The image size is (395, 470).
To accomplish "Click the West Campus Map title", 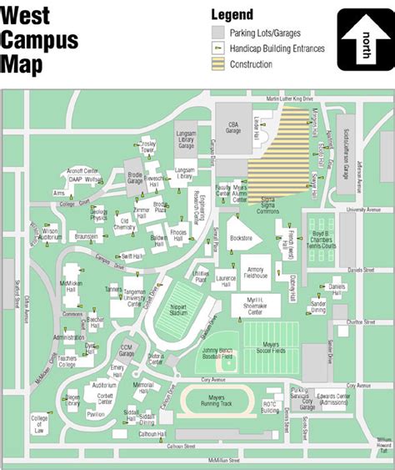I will pos(39,39).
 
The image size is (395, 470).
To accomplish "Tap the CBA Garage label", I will pos(235,127).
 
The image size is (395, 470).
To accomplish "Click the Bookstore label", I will pos(241,239).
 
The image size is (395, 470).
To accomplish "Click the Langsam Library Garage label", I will pos(186,139).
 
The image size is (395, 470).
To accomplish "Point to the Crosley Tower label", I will pos(148,145).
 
